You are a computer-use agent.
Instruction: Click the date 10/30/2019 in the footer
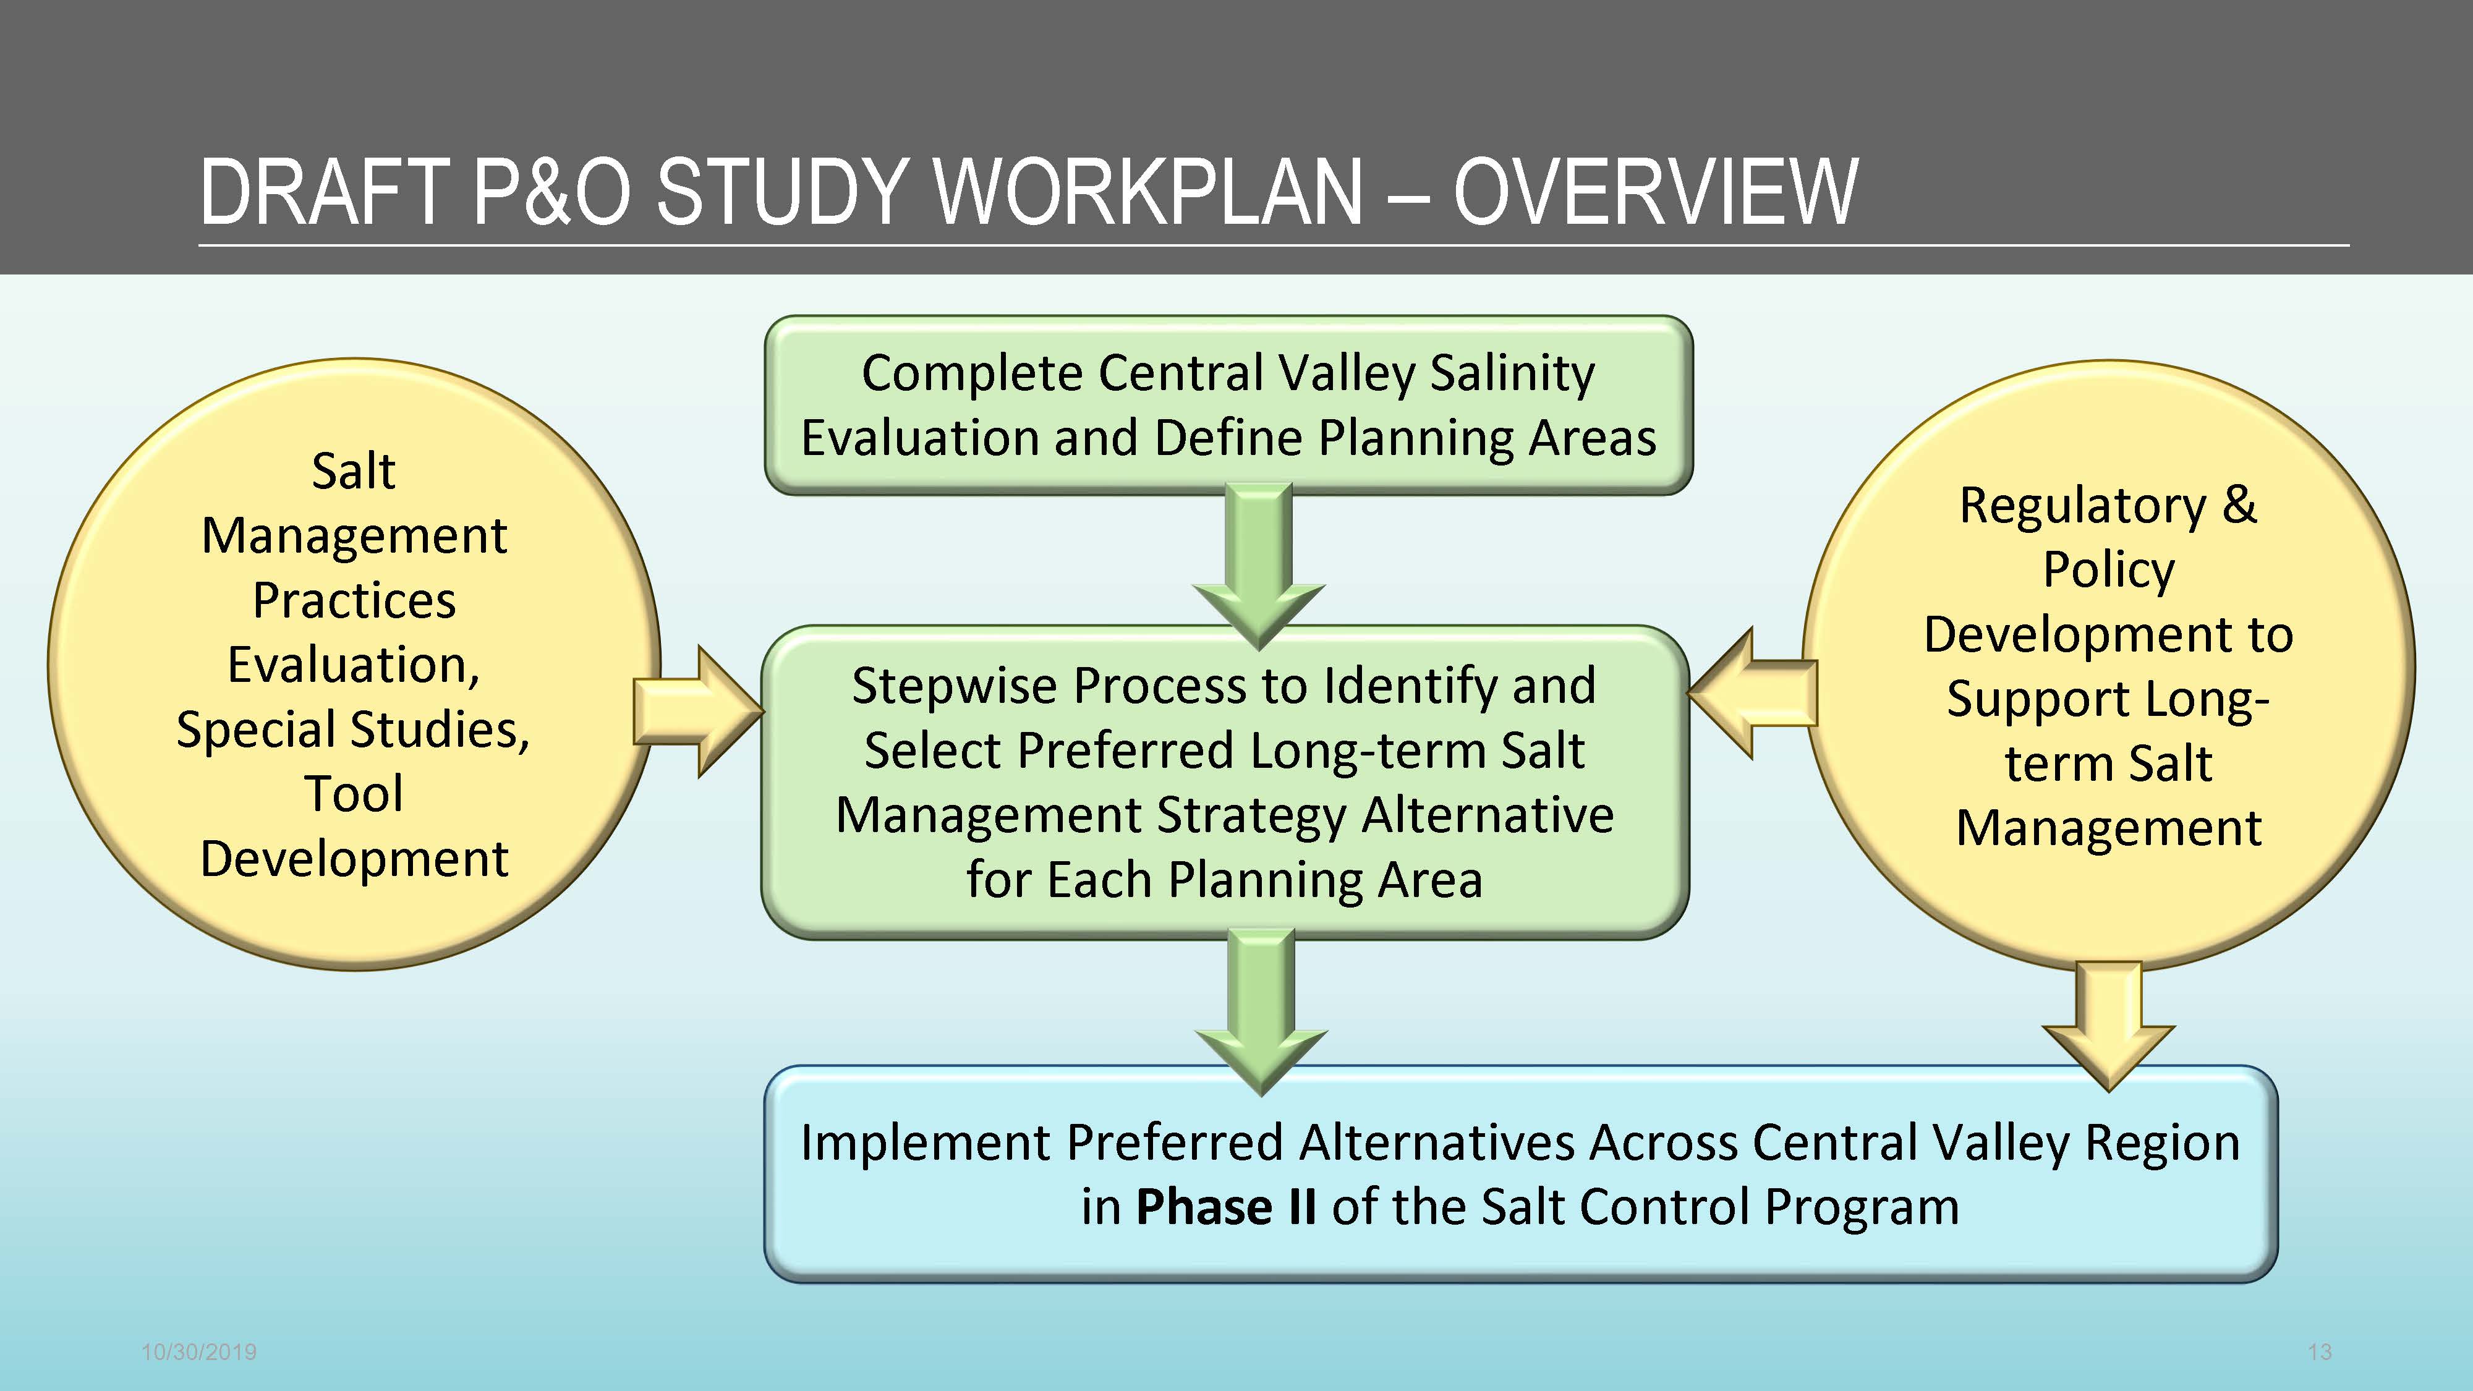tap(198, 1351)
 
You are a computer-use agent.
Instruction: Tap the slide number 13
tap(2320, 1351)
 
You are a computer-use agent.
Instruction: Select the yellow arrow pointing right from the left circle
tap(698, 712)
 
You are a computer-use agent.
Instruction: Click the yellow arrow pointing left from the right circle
tap(1752, 693)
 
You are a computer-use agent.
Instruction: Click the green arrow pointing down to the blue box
tap(1261, 1013)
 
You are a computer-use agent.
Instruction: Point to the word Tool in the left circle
tap(353, 794)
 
